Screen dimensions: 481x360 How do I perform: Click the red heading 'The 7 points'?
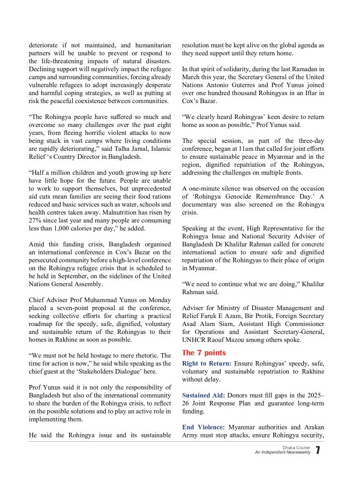[203, 353]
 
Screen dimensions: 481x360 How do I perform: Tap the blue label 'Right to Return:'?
[206, 363]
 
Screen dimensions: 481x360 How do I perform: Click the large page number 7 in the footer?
[318, 450]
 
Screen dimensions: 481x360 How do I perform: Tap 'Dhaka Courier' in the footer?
[296, 448]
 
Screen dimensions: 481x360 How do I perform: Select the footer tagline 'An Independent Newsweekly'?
[283, 452]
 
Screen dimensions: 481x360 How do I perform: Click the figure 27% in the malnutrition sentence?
[36, 220]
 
